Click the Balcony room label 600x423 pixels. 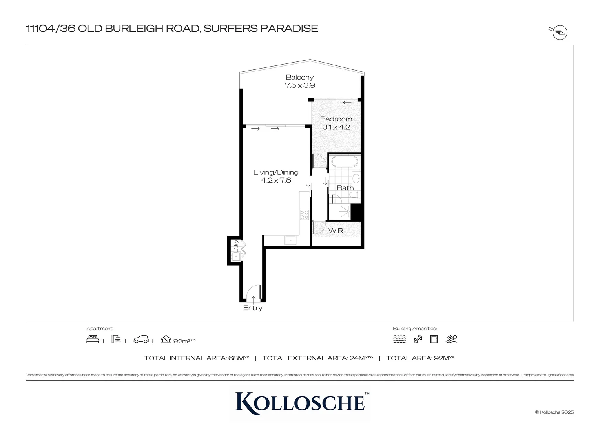click(299, 78)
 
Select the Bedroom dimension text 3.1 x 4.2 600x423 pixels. click(336, 127)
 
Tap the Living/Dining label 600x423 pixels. click(275, 172)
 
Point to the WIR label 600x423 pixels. click(336, 231)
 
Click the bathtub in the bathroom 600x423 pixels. click(344, 161)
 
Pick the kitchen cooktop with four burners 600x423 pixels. click(304, 215)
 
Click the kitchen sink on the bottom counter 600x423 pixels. click(290, 240)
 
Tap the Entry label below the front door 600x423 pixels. click(253, 308)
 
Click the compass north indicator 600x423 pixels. click(560, 33)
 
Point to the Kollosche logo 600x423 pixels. click(300, 401)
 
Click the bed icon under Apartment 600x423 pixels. click(93, 339)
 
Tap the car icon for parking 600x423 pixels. click(141, 339)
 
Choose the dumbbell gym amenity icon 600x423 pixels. click(418, 339)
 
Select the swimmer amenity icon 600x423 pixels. click(451, 339)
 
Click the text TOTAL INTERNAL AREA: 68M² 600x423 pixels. click(197, 358)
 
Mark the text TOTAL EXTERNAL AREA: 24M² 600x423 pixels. click(317, 358)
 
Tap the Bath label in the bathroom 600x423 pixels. click(345, 188)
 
